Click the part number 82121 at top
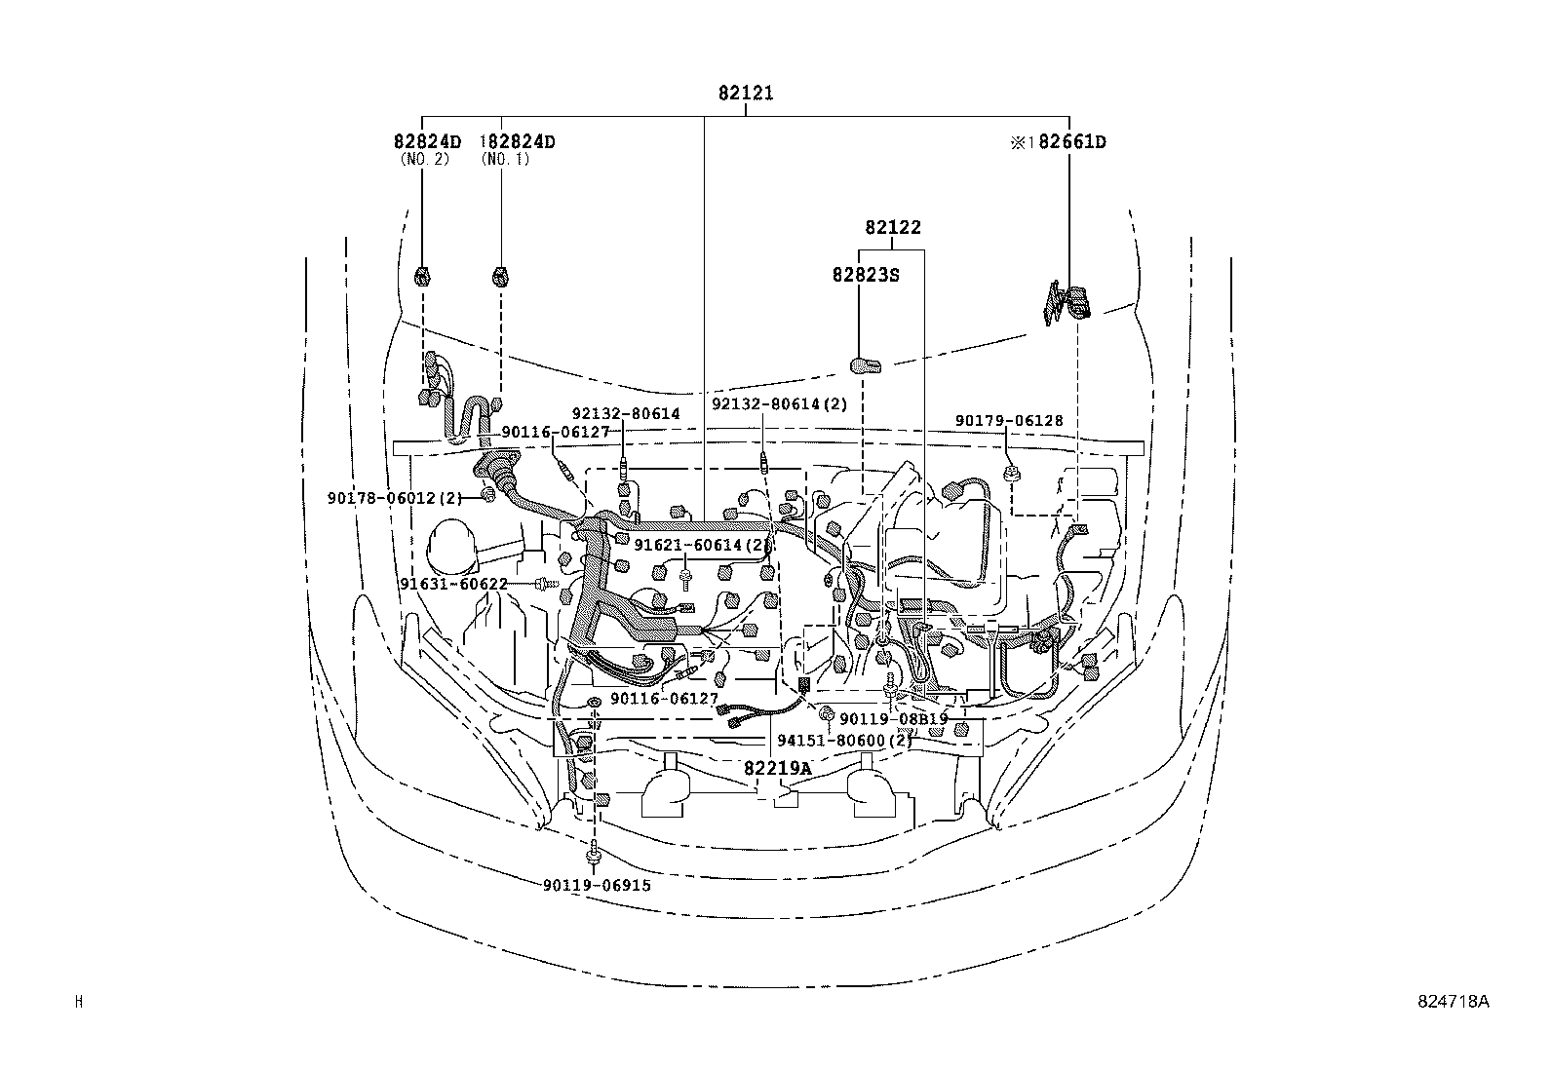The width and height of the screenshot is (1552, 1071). pyautogui.click(x=746, y=94)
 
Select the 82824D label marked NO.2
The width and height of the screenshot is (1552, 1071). pyautogui.click(x=427, y=142)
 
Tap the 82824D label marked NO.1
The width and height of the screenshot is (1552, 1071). pyautogui.click(x=519, y=142)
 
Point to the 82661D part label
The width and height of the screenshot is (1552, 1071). pyautogui.click(x=1069, y=142)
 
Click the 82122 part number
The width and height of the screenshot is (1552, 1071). pyautogui.click(x=892, y=227)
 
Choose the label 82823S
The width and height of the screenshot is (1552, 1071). pyautogui.click(x=865, y=275)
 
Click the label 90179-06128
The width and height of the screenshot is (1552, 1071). pyautogui.click(x=1009, y=421)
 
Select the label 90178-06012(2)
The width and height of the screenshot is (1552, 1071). pyautogui.click(x=395, y=498)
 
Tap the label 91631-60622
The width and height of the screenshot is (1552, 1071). pyautogui.click(x=453, y=584)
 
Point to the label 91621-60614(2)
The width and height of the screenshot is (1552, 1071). pyautogui.click(x=701, y=545)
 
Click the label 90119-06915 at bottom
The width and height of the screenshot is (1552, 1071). pyautogui.click(x=598, y=885)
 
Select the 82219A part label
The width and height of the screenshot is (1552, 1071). pyautogui.click(x=777, y=768)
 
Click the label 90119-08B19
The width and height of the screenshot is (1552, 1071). pyautogui.click(x=893, y=719)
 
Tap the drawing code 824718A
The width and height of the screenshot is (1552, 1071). pyautogui.click(x=1454, y=1001)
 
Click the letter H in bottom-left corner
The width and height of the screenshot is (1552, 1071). pyautogui.click(x=79, y=1001)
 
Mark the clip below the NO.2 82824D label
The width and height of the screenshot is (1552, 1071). pyautogui.click(x=422, y=276)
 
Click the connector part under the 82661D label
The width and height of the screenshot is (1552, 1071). pyautogui.click(x=1069, y=301)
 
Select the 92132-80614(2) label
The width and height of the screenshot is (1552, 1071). pyautogui.click(x=779, y=403)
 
